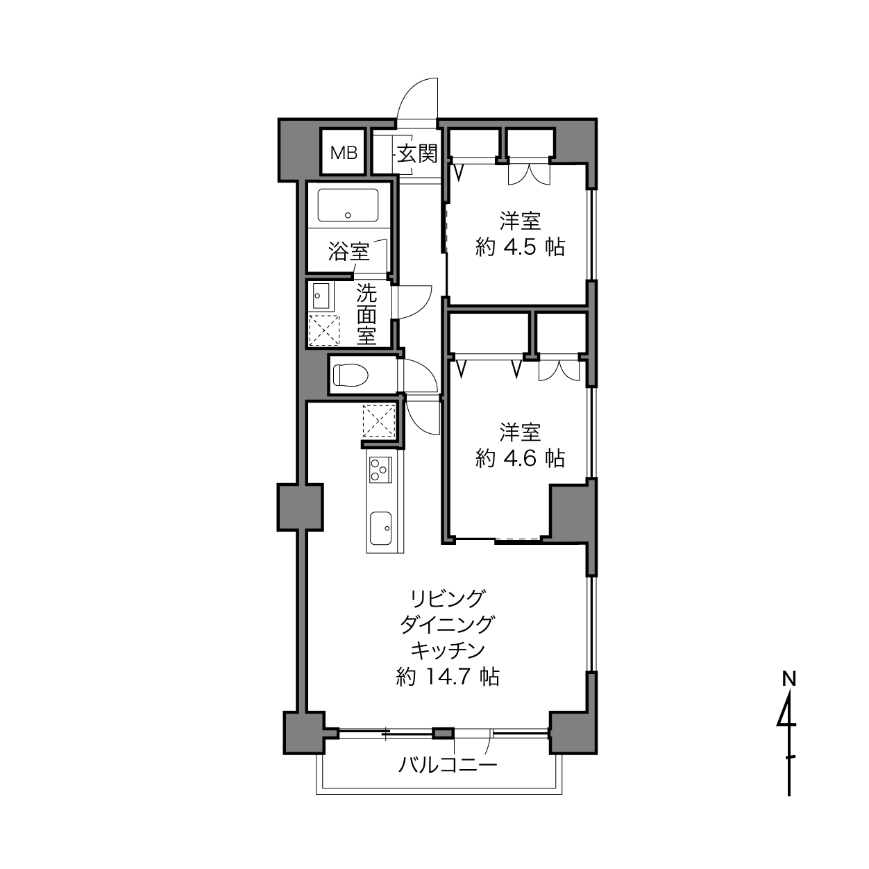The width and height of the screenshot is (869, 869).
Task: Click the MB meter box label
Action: point(344,153)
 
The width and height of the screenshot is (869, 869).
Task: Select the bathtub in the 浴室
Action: point(348,205)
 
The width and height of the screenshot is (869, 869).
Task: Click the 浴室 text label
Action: point(348,251)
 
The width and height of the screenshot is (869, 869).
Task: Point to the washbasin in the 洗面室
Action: point(321,296)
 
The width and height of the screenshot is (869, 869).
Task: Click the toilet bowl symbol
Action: point(351,376)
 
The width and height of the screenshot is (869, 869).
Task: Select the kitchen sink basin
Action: point(380,528)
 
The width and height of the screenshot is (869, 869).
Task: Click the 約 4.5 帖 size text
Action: point(520,247)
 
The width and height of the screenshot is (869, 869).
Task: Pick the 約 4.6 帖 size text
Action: point(520,459)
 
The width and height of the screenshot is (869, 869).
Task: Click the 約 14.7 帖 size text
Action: point(448,677)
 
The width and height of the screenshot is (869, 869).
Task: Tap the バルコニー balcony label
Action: point(448,764)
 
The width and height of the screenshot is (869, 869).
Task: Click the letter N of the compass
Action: point(788,692)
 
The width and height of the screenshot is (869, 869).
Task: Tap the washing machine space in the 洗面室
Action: point(324,330)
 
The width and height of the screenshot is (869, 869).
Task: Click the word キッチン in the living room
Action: point(448,650)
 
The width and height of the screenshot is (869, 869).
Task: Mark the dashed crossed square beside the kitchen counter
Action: point(379,421)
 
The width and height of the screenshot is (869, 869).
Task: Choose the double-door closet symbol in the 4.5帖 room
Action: point(529,174)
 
